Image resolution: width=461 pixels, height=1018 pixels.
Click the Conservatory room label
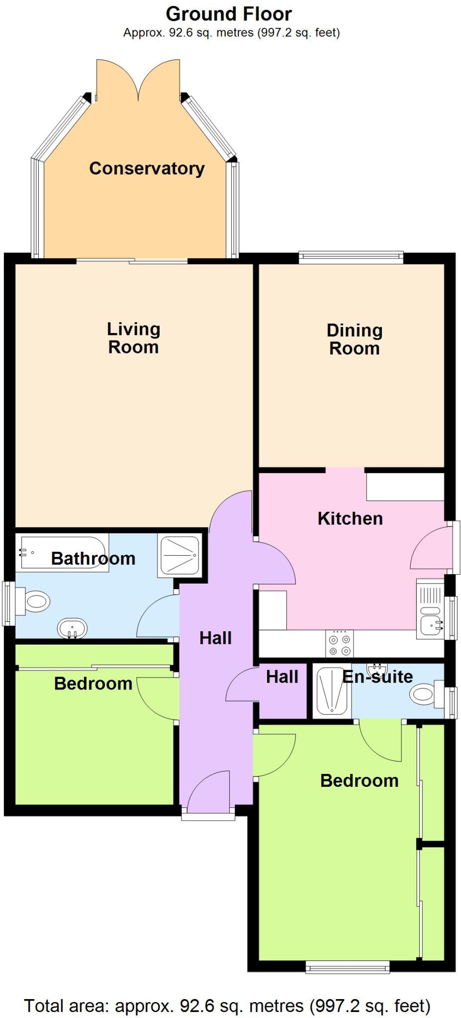(x=147, y=169)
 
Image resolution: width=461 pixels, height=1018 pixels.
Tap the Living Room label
(x=133, y=338)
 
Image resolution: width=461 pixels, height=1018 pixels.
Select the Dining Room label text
(x=354, y=339)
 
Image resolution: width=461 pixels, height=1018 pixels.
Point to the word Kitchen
(x=350, y=518)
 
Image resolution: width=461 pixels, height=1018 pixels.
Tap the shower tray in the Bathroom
(x=179, y=555)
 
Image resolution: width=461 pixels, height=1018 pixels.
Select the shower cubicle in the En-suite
(x=331, y=691)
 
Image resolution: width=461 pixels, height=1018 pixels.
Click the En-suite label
(x=378, y=677)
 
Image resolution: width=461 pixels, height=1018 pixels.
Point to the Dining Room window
(x=351, y=257)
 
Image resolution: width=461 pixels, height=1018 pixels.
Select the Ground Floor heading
(x=229, y=14)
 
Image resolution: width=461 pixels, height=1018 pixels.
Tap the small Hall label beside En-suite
(x=282, y=677)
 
